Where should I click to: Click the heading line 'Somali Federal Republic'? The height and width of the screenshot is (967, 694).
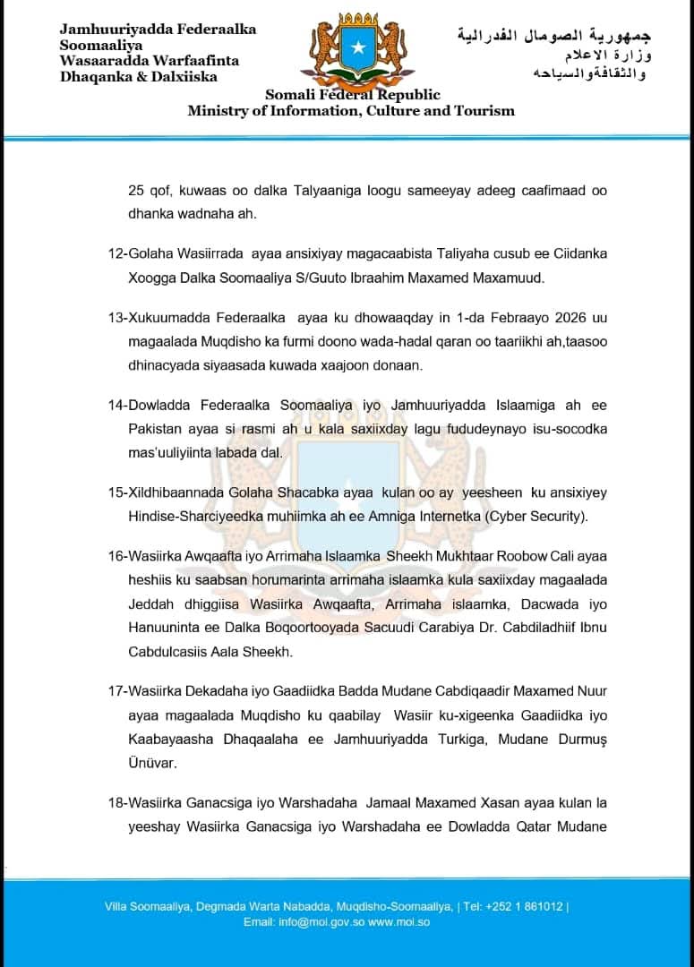pyautogui.click(x=352, y=96)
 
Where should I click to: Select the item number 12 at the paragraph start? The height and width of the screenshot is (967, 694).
pyautogui.click(x=116, y=253)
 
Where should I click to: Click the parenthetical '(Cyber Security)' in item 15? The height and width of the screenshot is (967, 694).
pyautogui.click(x=540, y=517)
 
